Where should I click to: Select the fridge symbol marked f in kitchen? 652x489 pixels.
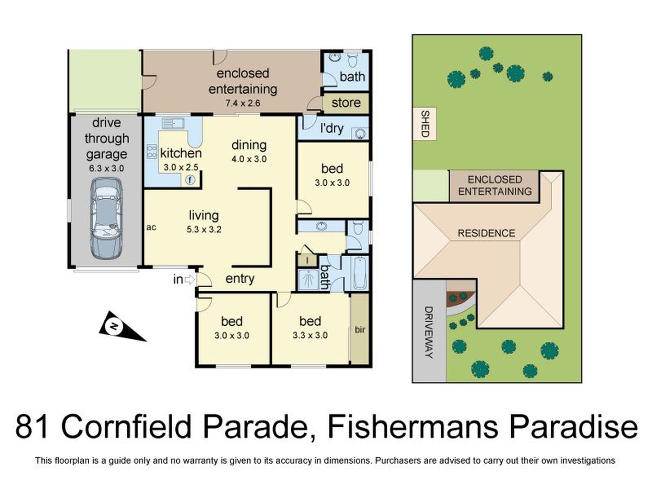[x=190, y=180]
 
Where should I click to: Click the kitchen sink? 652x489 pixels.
[x=173, y=123]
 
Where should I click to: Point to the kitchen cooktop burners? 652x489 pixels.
[x=152, y=151]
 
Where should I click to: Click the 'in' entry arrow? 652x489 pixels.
[x=189, y=280]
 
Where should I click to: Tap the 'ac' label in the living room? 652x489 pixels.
[x=151, y=227]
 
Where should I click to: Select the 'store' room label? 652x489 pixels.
[x=346, y=103]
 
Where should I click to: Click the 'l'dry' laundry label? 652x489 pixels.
[x=331, y=128]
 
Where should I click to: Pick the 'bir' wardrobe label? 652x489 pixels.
[x=360, y=330]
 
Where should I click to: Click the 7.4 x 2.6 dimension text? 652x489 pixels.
[x=243, y=103]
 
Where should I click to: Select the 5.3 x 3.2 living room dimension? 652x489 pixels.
[x=204, y=230]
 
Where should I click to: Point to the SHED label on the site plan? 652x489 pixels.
[x=425, y=124]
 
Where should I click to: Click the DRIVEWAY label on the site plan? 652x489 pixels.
[x=429, y=332]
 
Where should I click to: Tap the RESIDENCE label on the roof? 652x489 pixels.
[x=486, y=233]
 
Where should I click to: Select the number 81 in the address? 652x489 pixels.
[x=32, y=427]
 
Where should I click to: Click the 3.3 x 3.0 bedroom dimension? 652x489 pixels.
[x=310, y=335]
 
